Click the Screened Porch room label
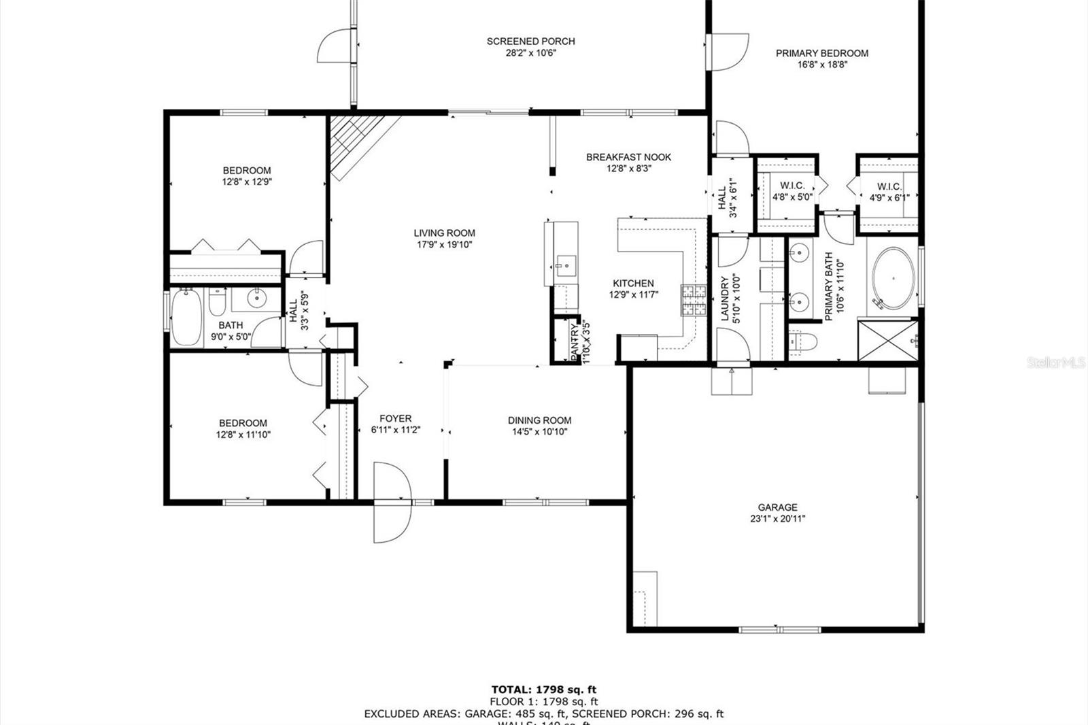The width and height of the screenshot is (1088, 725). click(530, 41)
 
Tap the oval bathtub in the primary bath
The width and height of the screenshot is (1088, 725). click(892, 279)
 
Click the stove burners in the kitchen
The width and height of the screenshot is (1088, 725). click(694, 301)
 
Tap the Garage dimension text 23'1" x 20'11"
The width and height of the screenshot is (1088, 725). click(777, 519)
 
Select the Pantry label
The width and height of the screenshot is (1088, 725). click(575, 341)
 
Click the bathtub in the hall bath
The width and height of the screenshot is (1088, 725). click(186, 318)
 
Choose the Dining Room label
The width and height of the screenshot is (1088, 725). click(539, 420)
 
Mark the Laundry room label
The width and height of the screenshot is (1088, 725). click(725, 298)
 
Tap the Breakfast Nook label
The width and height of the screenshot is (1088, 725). click(628, 157)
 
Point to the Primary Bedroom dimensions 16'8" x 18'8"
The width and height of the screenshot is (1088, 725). click(822, 65)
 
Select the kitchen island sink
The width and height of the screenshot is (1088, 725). click(564, 262)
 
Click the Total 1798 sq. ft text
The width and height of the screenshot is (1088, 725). click(544, 690)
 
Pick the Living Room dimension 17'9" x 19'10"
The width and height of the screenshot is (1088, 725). click(444, 245)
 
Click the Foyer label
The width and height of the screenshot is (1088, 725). click(395, 419)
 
